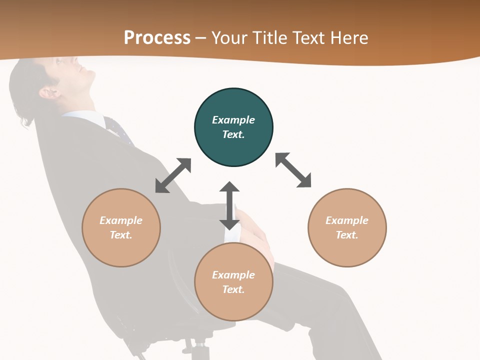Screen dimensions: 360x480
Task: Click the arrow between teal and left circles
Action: point(173,175)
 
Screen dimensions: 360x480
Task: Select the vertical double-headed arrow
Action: point(229,205)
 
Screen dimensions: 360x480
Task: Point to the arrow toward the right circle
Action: point(293,170)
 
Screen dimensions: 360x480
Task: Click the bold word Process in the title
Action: point(157,37)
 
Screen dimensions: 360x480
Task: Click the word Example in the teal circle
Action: point(233,120)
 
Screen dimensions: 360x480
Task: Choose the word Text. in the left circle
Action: point(121,235)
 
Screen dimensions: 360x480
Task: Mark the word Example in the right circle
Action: point(347,220)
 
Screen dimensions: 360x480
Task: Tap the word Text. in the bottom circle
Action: point(233,289)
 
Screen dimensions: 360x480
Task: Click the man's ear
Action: point(49,92)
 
